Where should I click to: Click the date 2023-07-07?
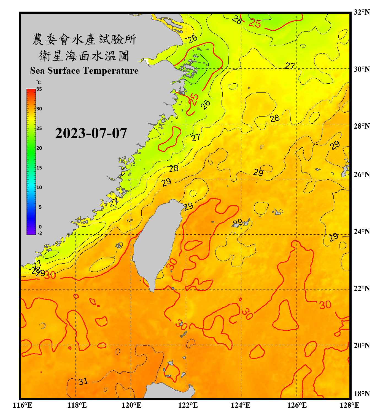point(91,133)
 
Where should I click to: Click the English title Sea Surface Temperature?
point(84,71)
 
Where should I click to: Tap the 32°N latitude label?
point(362,12)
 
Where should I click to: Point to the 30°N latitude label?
point(362,69)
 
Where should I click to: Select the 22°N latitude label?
point(362,288)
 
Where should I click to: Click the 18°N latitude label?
point(362,394)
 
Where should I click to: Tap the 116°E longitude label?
point(22,405)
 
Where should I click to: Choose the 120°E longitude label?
point(131,405)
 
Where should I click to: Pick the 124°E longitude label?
point(241,405)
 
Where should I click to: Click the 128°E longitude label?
point(349,405)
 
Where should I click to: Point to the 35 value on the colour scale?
point(39,89)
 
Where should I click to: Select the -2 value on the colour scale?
point(40,233)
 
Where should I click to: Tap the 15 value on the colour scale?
point(39,168)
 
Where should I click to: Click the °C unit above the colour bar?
point(39,82)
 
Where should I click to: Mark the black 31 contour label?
point(83,381)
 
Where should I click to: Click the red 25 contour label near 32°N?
point(255,23)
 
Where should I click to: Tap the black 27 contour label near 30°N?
point(290,66)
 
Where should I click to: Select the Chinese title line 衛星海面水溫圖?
point(84,56)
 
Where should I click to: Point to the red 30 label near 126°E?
point(325,305)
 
